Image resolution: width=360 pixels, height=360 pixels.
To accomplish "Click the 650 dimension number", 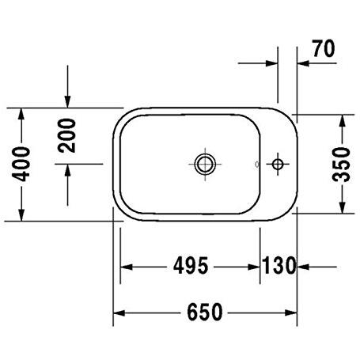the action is click(x=205, y=313).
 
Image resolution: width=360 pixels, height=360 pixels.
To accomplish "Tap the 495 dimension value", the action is click(x=191, y=266).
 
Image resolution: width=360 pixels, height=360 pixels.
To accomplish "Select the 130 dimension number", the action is click(x=279, y=266).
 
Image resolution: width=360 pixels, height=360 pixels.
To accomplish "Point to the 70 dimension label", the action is click(x=324, y=48).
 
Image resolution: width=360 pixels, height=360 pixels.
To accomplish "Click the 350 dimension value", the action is click(x=341, y=165).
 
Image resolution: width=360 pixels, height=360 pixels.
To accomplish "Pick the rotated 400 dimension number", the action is click(x=21, y=164).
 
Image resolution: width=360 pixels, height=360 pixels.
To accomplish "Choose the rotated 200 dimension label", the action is click(x=66, y=135).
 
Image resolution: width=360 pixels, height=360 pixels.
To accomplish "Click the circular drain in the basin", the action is click(x=205, y=164).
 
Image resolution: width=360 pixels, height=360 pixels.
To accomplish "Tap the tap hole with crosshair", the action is click(x=278, y=165).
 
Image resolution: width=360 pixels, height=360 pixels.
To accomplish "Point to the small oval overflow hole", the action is click(x=257, y=164).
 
